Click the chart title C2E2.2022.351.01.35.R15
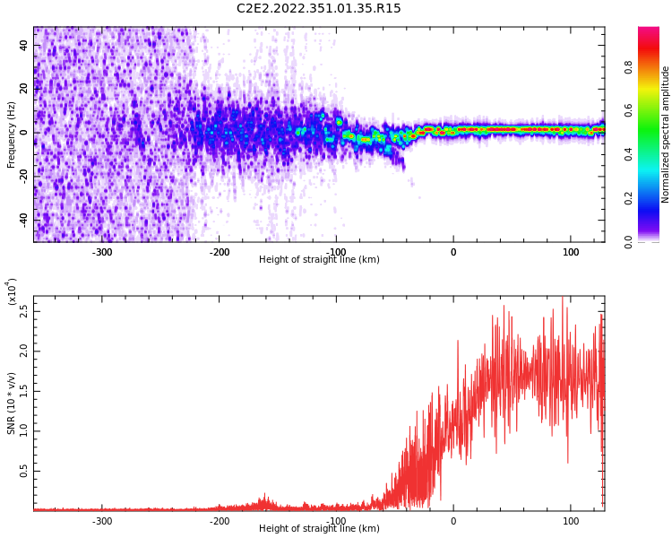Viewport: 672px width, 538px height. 318,9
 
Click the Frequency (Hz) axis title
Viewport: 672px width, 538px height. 12,134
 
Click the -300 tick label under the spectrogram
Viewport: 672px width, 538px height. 101,252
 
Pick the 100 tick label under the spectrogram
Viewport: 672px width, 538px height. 571,252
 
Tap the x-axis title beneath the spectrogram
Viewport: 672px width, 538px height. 319,260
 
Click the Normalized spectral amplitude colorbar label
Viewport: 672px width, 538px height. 666,134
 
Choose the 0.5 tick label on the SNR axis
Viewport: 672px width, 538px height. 24,470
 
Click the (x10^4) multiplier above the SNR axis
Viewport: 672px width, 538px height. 12,291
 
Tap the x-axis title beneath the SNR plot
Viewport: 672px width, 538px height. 319,529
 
